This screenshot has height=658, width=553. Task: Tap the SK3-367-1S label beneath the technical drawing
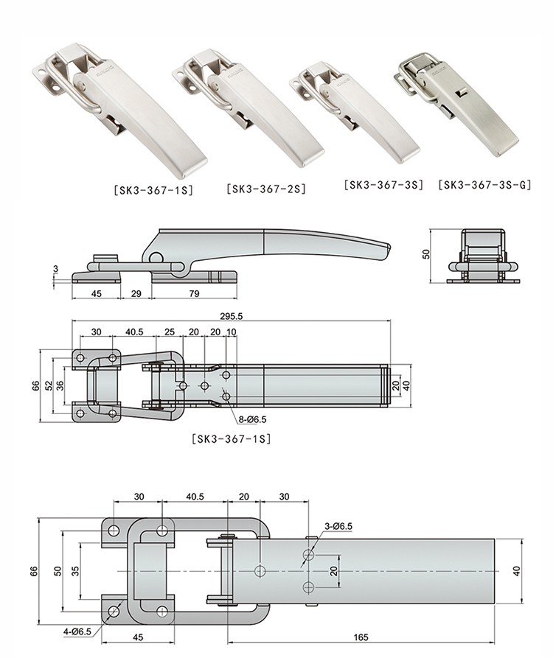click(231, 439)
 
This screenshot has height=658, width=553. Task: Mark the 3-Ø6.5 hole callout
click(338, 525)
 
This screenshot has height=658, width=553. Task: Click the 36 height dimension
click(60, 385)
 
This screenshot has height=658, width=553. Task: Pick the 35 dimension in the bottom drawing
click(75, 571)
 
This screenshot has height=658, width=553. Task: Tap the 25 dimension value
click(170, 332)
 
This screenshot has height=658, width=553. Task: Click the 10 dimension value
click(232, 332)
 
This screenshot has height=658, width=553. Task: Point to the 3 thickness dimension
click(55, 270)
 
